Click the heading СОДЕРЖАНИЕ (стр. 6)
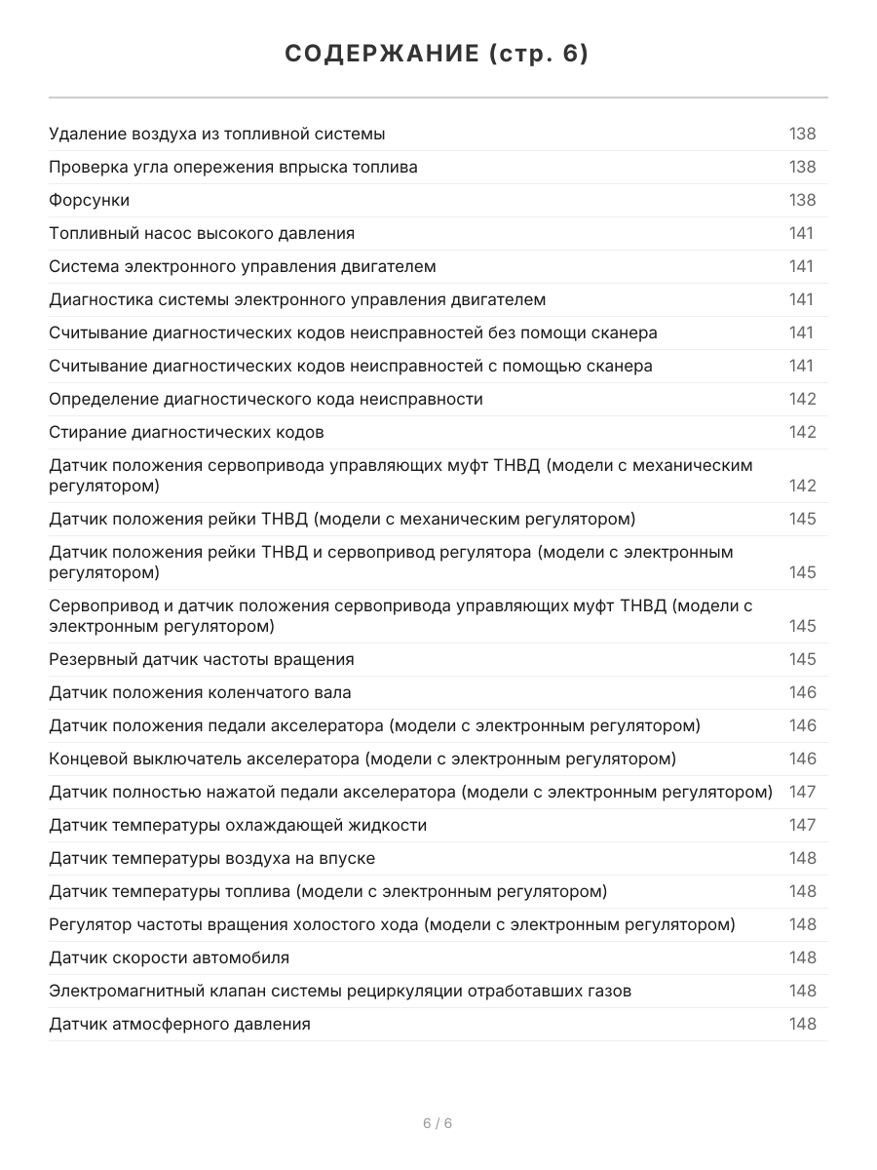point(438,55)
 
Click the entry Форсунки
point(90,200)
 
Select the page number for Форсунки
point(802,200)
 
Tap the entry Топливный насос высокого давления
point(202,233)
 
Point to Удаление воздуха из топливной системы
point(216,134)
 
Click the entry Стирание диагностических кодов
point(186,432)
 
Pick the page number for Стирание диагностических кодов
point(802,432)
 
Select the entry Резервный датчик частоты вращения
point(202,659)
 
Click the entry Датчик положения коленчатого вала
point(200,692)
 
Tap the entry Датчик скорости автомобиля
point(169,957)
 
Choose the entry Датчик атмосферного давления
point(179,1024)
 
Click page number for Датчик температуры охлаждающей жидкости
point(802,825)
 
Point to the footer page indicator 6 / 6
point(438,1123)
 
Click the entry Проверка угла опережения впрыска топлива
point(233,167)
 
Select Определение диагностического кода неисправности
point(266,399)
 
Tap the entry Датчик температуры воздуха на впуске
point(211,858)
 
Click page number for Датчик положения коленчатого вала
point(802,692)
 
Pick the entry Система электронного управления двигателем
point(243,266)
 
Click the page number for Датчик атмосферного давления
point(802,1024)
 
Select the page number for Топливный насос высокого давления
point(802,233)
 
